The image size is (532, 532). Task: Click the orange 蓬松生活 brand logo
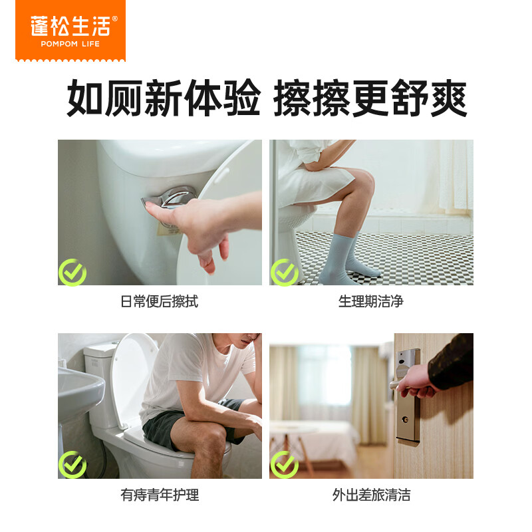pyautogui.click(x=70, y=30)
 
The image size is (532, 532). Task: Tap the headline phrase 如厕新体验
pyautogui.click(x=163, y=99)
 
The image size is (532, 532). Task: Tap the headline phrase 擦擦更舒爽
pyautogui.click(x=370, y=99)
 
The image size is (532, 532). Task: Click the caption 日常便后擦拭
pyautogui.click(x=160, y=302)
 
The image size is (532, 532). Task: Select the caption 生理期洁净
pyautogui.click(x=371, y=302)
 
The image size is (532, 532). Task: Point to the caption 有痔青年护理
pyautogui.click(x=160, y=495)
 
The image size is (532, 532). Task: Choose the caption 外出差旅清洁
pyautogui.click(x=371, y=495)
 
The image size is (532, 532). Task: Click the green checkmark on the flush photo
pyautogui.click(x=72, y=273)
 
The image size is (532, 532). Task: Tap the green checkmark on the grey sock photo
pyautogui.click(x=284, y=273)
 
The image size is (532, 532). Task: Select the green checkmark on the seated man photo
pyautogui.click(x=72, y=465)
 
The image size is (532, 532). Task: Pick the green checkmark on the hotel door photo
pyautogui.click(x=284, y=465)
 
